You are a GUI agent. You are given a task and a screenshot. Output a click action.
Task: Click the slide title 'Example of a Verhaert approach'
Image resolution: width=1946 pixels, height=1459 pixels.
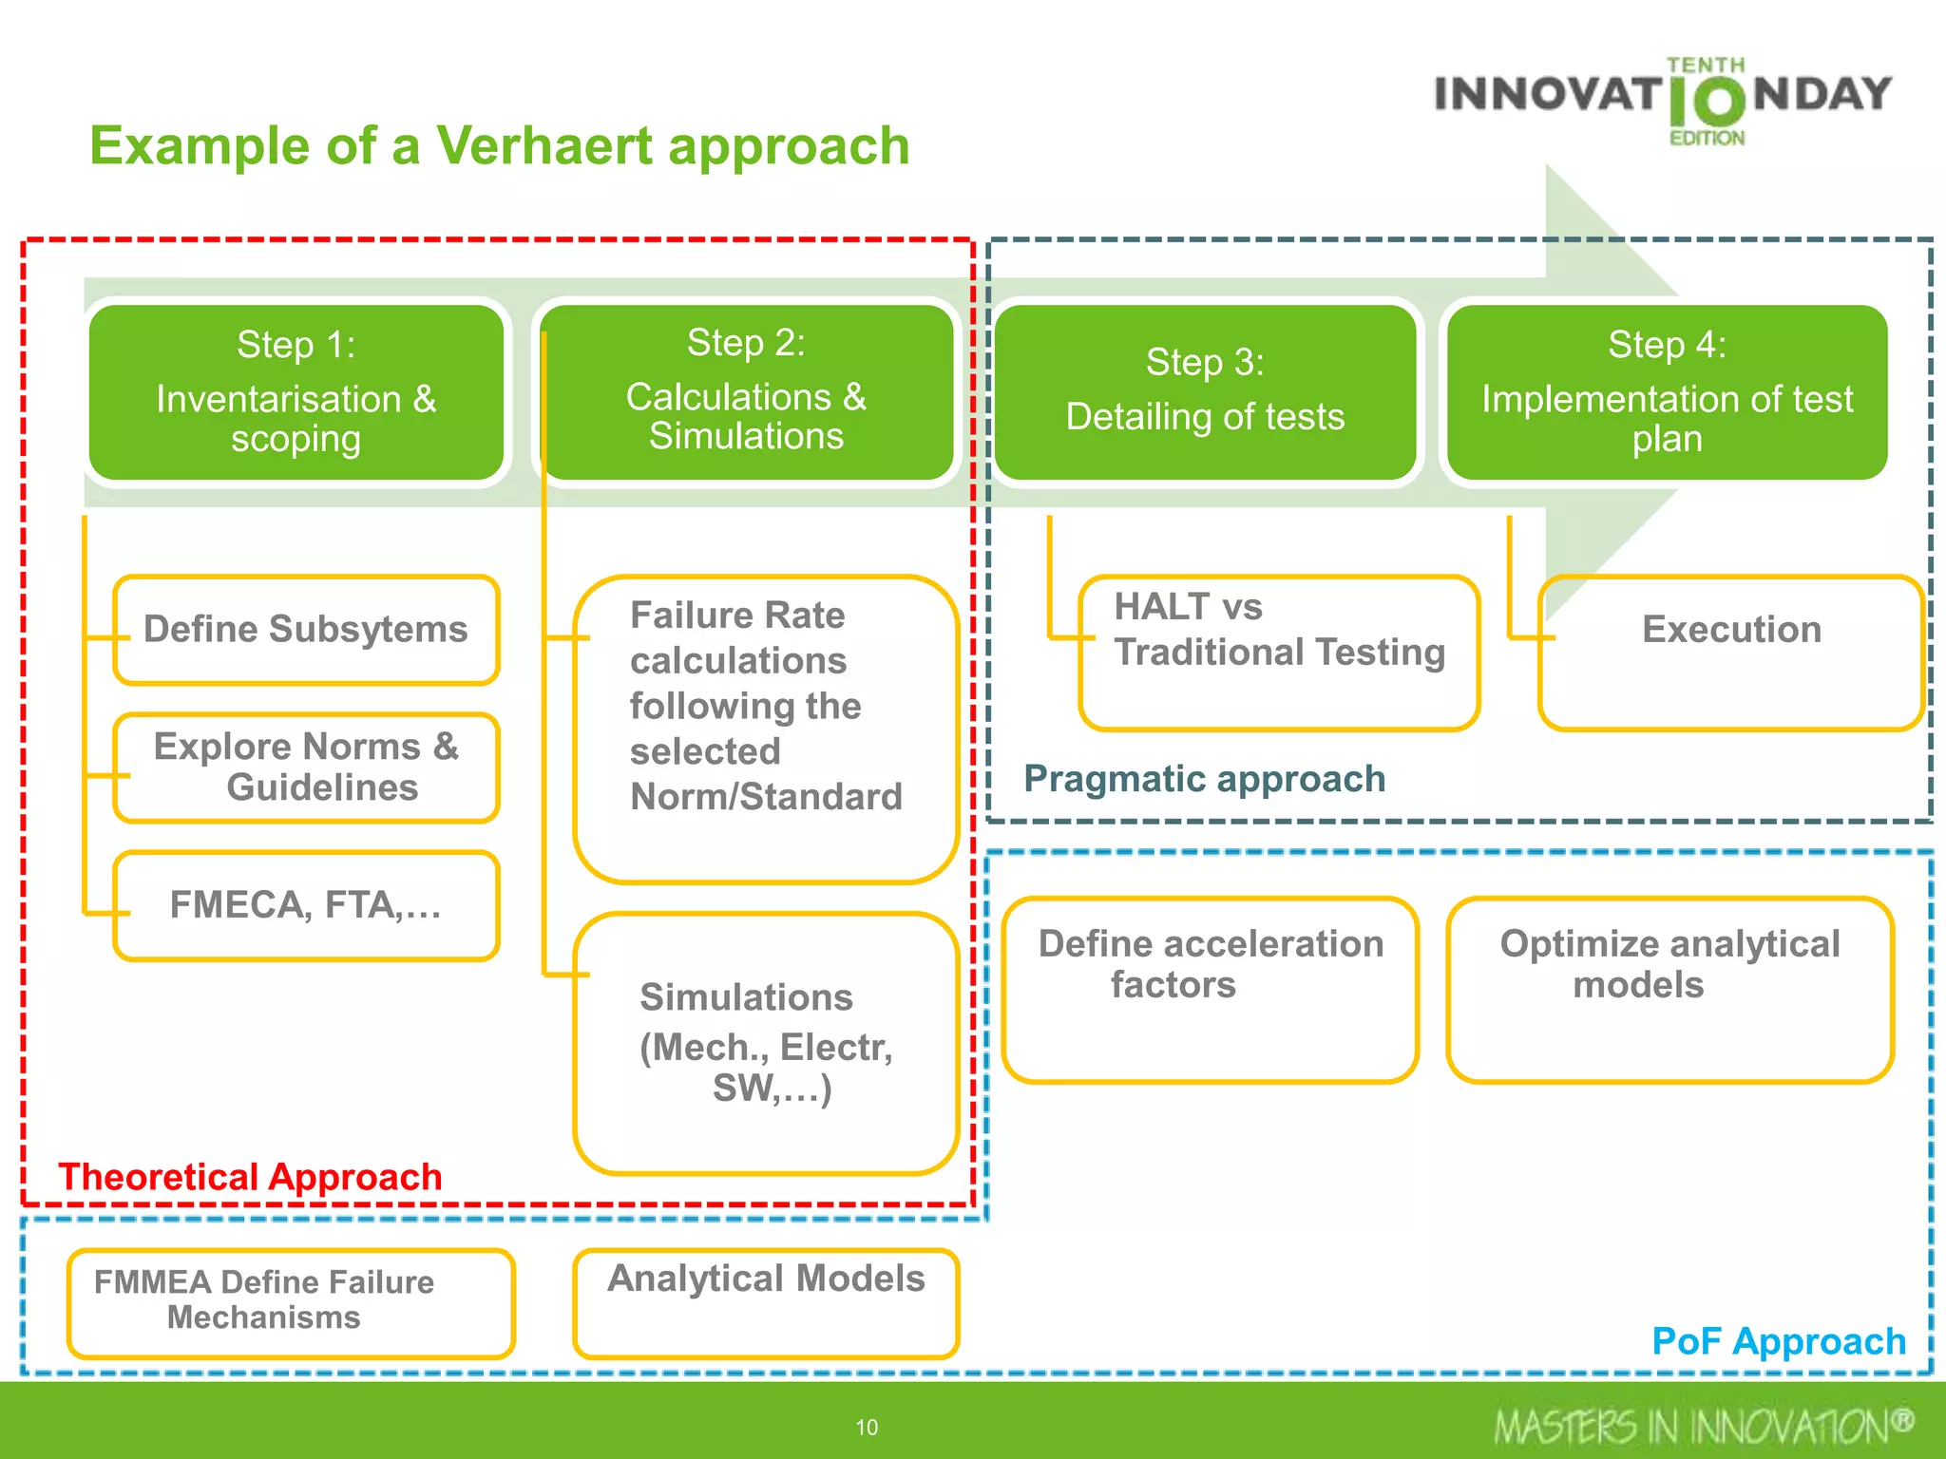click(499, 146)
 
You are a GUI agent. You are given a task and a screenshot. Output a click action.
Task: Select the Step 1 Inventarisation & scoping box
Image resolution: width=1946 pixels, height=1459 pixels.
click(296, 391)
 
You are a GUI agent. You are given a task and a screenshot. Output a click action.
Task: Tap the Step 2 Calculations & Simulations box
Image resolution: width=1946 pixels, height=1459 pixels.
click(746, 390)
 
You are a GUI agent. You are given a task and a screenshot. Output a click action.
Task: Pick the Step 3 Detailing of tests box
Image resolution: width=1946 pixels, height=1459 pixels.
click(1205, 391)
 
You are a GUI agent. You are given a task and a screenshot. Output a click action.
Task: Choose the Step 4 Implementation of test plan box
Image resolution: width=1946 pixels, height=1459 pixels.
click(1667, 391)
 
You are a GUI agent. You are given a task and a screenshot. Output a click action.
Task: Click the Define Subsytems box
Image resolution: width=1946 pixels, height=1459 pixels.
click(306, 630)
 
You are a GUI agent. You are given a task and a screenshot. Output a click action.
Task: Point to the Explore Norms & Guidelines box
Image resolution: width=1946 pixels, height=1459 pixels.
click(306, 767)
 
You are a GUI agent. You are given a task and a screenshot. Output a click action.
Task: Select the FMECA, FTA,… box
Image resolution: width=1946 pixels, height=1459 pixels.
click(306, 905)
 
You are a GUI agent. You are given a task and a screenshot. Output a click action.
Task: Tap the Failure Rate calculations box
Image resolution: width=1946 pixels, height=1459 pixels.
click(766, 729)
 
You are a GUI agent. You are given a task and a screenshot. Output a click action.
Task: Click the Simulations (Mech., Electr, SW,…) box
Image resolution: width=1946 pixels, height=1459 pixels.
click(766, 1043)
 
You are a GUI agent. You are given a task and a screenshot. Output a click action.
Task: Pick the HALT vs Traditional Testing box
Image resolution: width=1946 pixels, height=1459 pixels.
click(1279, 653)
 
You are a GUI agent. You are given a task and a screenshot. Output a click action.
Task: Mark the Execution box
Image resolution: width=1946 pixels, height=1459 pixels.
click(1731, 653)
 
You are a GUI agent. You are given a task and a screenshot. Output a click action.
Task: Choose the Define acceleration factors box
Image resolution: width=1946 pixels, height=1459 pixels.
click(1211, 989)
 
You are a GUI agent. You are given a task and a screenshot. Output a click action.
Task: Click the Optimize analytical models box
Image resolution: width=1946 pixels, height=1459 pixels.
click(1669, 989)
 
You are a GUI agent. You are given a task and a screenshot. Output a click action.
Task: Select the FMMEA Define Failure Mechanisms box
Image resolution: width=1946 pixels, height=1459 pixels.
click(291, 1302)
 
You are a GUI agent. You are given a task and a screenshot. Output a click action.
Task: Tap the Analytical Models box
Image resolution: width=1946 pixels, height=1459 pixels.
click(766, 1302)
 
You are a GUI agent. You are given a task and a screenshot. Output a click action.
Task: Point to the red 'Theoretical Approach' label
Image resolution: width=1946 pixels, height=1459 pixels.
click(250, 1177)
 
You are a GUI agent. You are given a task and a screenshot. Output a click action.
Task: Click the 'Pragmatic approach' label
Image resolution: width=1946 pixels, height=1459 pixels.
click(1204, 779)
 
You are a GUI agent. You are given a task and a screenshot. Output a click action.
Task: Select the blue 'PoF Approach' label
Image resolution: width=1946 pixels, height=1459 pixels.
click(1779, 1341)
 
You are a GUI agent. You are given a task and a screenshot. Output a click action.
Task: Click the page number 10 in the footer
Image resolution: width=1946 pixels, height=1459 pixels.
click(867, 1427)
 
